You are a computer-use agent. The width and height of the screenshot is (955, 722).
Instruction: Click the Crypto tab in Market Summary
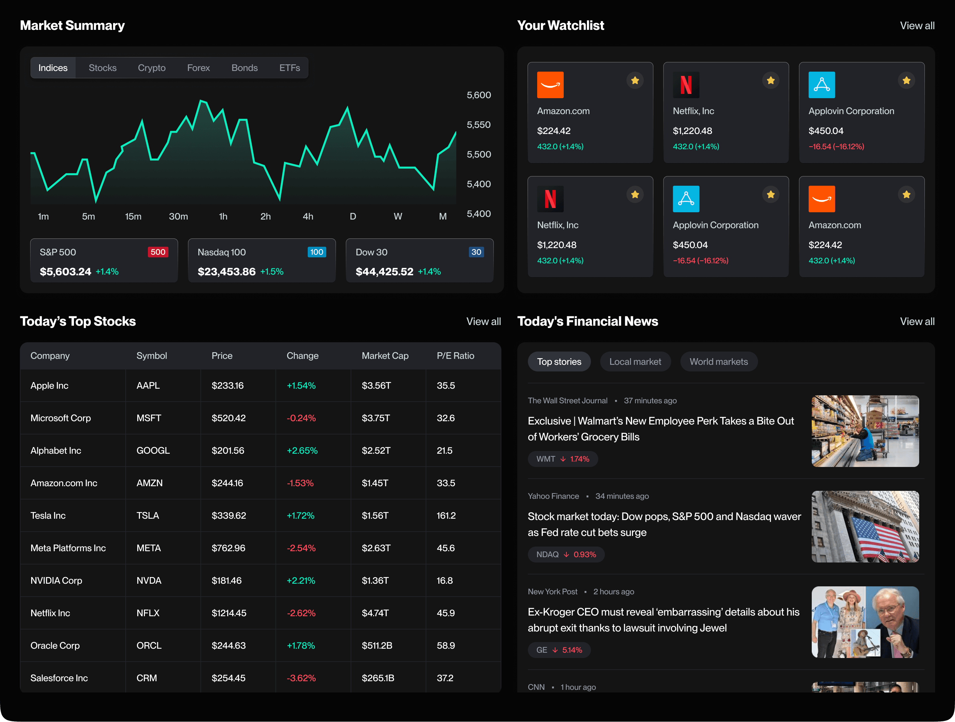pyautogui.click(x=152, y=68)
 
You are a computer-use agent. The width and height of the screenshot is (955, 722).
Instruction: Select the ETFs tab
pyautogui.click(x=289, y=68)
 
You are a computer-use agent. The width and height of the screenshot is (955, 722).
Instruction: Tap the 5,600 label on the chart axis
pyautogui.click(x=478, y=95)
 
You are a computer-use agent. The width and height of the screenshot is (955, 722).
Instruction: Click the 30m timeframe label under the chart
pyautogui.click(x=178, y=216)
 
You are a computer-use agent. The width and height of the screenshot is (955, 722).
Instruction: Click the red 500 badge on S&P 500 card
pyautogui.click(x=158, y=252)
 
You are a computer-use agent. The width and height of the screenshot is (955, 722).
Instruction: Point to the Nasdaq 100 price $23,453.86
pyautogui.click(x=226, y=272)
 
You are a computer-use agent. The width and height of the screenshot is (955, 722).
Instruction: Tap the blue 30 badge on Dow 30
pyautogui.click(x=476, y=252)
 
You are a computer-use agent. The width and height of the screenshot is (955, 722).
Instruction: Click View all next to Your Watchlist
pyautogui.click(x=917, y=26)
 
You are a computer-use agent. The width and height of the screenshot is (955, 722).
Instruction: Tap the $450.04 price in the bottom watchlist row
pyautogui.click(x=690, y=245)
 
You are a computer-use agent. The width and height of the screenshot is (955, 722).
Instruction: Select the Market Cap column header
pyautogui.click(x=385, y=356)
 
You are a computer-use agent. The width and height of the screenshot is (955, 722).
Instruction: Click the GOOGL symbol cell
pyautogui.click(x=153, y=450)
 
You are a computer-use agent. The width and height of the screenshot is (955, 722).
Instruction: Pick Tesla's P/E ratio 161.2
pyautogui.click(x=446, y=516)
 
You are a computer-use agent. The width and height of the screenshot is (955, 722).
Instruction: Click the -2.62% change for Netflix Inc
pyautogui.click(x=301, y=613)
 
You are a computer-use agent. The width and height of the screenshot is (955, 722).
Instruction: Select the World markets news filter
pyautogui.click(x=719, y=362)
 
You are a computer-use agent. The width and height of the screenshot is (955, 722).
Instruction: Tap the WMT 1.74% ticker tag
pyautogui.click(x=562, y=459)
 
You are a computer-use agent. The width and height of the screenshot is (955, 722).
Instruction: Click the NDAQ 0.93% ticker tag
pyautogui.click(x=566, y=555)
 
